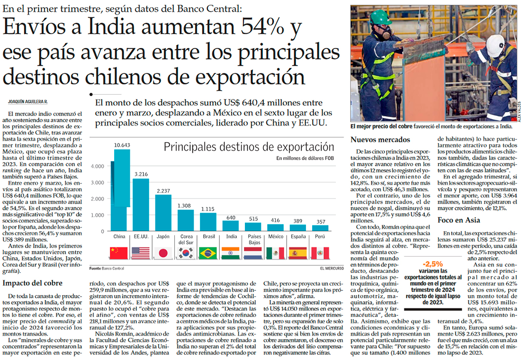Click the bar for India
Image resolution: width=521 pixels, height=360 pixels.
tap(231, 225)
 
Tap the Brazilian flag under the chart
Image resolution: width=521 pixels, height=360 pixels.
tap(208, 253)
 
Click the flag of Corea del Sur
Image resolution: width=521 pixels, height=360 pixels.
tap(186, 253)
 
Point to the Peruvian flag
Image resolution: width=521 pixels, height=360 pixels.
tap(321, 253)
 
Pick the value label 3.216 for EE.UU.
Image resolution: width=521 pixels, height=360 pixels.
tap(141, 174)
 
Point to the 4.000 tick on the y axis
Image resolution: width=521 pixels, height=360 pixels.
tap(97, 166)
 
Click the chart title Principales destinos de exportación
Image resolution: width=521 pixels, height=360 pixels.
tap(249, 147)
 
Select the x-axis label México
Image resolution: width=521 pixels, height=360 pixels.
tap(275, 236)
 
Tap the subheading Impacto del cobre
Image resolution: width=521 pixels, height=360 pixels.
tap(32, 283)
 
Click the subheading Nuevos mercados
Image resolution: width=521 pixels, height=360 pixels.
tap(380, 140)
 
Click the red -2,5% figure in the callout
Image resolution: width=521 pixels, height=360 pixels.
tap(433, 264)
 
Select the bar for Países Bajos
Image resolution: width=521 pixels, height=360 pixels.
tap(253, 226)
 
